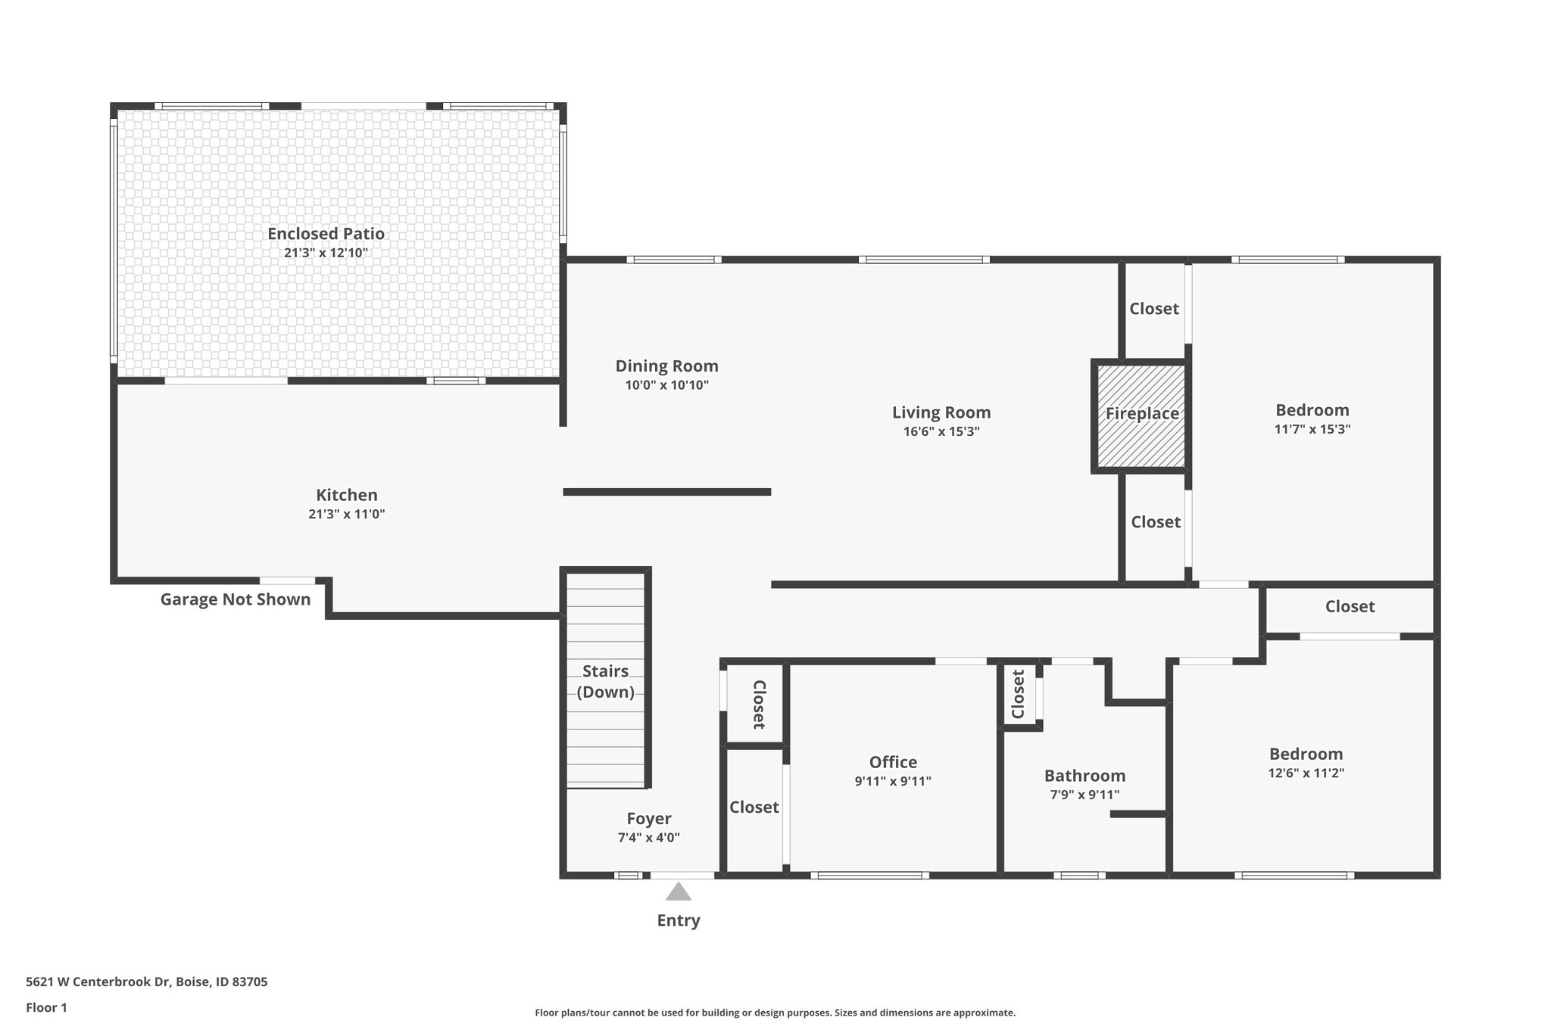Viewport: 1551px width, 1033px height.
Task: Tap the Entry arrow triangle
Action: pyautogui.click(x=679, y=891)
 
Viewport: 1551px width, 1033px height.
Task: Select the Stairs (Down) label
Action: pyautogui.click(x=605, y=681)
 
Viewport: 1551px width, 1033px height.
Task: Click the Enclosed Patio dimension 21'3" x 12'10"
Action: pyautogui.click(x=326, y=253)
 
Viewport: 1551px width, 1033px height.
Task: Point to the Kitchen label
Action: pyautogui.click(x=347, y=495)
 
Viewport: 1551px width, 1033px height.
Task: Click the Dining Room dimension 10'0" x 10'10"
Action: pyautogui.click(x=666, y=385)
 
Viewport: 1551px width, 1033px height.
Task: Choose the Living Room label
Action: pyautogui.click(x=941, y=412)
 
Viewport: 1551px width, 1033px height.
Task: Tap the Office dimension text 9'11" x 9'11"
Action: pyautogui.click(x=893, y=782)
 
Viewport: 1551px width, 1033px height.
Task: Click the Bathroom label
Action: pyautogui.click(x=1084, y=776)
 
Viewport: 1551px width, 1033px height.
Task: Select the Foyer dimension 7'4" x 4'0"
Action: pyautogui.click(x=649, y=838)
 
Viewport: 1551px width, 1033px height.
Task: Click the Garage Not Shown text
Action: pyautogui.click(x=236, y=599)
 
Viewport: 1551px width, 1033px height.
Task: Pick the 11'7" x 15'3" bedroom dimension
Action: pyautogui.click(x=1312, y=429)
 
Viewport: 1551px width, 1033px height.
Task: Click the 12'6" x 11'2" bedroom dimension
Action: pyautogui.click(x=1306, y=773)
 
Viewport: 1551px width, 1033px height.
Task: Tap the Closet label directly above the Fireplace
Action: pyautogui.click(x=1154, y=309)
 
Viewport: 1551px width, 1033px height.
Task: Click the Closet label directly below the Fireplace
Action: pyautogui.click(x=1156, y=522)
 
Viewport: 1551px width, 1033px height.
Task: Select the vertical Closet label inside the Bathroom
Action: pyautogui.click(x=1018, y=694)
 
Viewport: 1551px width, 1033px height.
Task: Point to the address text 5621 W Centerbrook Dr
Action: pyautogui.click(x=146, y=982)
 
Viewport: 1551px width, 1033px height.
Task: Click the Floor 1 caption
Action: pyautogui.click(x=46, y=1007)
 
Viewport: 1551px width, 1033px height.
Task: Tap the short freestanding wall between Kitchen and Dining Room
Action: pyautogui.click(x=666, y=492)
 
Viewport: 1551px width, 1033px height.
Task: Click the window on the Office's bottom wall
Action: pyautogui.click(x=869, y=876)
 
